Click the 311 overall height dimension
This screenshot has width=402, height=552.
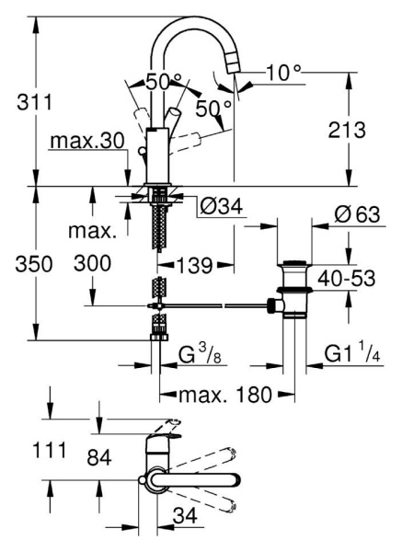point(35,102)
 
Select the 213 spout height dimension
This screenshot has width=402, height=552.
point(347,130)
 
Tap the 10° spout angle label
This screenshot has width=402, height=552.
point(283,73)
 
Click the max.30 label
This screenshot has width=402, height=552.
point(87,141)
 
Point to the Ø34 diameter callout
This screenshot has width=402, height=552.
point(222,206)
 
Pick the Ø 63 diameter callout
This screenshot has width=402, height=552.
point(357,214)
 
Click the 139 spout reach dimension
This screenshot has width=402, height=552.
point(195,265)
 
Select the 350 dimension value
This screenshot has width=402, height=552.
point(34,264)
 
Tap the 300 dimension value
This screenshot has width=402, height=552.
point(92,263)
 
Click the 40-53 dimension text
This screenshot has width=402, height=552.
point(347,279)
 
